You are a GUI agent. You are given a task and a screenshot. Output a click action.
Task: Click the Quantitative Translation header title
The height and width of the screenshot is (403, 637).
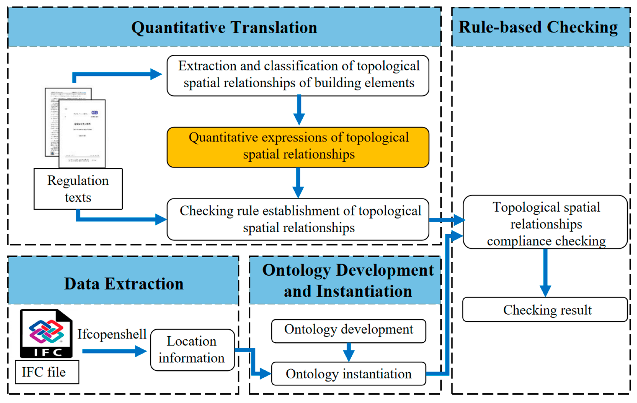(224, 28)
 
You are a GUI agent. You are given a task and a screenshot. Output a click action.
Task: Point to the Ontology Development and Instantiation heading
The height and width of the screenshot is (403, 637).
(348, 281)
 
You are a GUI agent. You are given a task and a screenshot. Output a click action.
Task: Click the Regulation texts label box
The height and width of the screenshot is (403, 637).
(78, 189)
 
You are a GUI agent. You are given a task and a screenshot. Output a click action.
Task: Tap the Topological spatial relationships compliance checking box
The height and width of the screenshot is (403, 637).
(546, 222)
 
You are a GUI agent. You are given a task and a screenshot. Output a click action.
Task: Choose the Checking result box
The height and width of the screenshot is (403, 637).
(546, 310)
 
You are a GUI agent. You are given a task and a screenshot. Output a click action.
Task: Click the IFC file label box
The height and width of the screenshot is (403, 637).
(47, 372)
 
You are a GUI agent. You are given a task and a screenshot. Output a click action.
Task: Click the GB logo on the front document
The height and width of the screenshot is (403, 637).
(94, 113)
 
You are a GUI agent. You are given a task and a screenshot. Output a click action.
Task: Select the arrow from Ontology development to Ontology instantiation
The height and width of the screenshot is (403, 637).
(349, 352)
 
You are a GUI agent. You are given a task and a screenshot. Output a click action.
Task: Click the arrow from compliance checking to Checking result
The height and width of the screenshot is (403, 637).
(546, 273)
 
